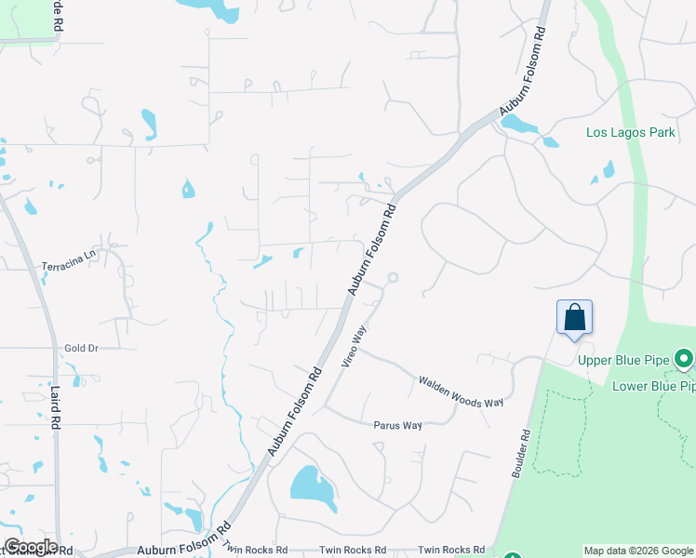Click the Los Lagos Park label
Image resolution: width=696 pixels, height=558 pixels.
point(630,132)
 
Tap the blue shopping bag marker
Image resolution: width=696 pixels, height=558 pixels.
point(575,317)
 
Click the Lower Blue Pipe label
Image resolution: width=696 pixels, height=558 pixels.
point(653,385)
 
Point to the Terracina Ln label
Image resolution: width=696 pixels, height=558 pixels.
point(69,260)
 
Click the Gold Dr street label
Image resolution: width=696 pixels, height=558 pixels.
point(81,348)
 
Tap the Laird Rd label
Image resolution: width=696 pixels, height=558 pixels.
point(56,408)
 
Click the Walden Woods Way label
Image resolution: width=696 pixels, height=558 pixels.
point(461,391)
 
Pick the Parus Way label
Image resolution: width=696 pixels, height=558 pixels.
point(398,425)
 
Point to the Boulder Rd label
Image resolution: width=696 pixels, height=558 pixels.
point(520,453)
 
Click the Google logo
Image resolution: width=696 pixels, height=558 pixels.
point(30,547)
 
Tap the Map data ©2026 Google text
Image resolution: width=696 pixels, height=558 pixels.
point(638,551)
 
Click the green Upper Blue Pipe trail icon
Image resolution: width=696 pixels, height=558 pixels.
point(684,358)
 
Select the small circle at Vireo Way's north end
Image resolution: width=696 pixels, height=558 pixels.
point(393,277)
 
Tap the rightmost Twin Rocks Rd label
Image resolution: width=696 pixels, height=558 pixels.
point(451,550)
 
